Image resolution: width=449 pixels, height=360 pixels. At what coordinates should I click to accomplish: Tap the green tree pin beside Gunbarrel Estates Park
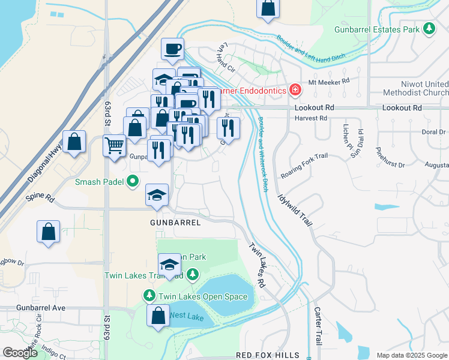tap(429, 28)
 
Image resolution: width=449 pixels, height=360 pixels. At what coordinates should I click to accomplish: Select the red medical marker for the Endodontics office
tap(295, 91)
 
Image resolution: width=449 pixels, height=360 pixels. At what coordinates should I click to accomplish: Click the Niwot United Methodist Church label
tap(417, 88)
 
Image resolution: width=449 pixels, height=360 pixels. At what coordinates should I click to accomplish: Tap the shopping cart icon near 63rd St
tap(114, 145)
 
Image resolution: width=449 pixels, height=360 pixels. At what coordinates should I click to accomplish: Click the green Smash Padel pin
tap(133, 181)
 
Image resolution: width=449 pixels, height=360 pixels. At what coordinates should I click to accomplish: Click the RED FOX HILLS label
tap(268, 355)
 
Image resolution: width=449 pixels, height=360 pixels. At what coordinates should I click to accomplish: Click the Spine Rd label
tap(40, 197)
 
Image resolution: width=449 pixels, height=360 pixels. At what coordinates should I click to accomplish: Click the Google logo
tap(20, 352)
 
